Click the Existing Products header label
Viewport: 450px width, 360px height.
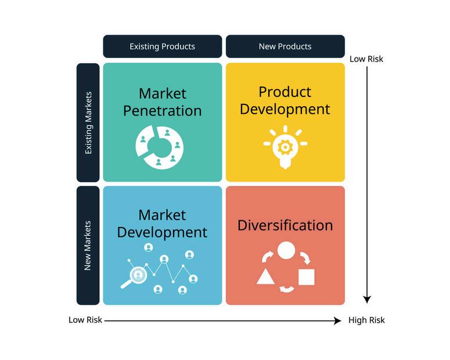coord(162,46)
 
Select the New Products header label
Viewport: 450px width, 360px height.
coord(285,46)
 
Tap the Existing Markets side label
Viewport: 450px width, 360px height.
coord(88,123)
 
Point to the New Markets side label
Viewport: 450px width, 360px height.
coord(88,246)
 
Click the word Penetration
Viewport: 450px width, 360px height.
coord(163,111)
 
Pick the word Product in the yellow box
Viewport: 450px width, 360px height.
coord(285,92)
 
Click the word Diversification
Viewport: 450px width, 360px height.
coord(285,225)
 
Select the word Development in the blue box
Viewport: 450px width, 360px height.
coord(162,232)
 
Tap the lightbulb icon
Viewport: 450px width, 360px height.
coord(285,147)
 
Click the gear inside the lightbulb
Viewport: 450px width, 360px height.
coord(285,147)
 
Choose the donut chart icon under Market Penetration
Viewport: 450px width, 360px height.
coord(160,147)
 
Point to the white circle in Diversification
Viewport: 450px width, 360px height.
coord(286,250)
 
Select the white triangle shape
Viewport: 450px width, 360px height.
coord(265,277)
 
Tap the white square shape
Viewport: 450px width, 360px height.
coord(307,277)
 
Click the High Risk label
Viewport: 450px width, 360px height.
coord(366,320)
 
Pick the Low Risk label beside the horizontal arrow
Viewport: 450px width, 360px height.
coord(85,320)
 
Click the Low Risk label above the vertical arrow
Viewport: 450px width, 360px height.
coord(366,59)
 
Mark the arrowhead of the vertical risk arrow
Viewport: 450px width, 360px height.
coord(367,300)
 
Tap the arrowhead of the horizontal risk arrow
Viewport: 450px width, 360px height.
coord(337,321)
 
